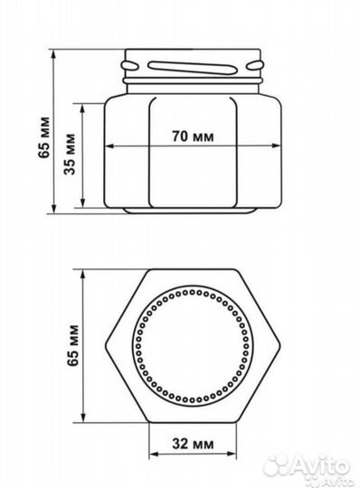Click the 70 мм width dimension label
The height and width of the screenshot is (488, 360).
point(193,136)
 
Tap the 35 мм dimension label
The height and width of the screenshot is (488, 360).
point(70,154)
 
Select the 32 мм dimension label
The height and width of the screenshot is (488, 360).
point(193,443)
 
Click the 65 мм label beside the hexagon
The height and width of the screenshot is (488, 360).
point(73,345)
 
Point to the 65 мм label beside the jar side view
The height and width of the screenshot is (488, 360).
point(44,137)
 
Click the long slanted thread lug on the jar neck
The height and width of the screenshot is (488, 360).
point(191,68)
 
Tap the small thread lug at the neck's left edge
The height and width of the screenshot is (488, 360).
point(130,65)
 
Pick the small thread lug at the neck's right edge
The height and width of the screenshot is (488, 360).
point(255,65)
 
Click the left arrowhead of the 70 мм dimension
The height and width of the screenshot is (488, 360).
point(110,145)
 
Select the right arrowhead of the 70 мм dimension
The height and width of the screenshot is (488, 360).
point(276,145)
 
